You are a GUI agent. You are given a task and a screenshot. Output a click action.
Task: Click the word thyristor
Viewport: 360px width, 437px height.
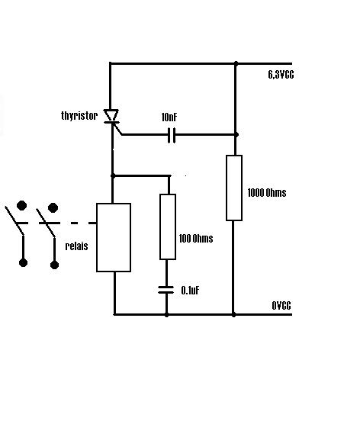coord(79,115)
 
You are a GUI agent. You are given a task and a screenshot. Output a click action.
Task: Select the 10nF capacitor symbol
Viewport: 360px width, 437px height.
coord(172,135)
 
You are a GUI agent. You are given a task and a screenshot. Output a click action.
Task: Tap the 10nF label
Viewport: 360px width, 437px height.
coord(169,117)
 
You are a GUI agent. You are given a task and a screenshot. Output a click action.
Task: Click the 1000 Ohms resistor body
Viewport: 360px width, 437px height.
coord(234,188)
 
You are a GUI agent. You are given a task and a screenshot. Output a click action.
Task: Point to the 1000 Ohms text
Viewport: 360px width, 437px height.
coord(267,193)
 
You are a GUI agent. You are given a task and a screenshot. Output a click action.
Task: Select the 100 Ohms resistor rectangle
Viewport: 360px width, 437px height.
coord(168,227)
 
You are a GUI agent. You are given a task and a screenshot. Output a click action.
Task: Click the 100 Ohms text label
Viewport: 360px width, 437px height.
coord(196,239)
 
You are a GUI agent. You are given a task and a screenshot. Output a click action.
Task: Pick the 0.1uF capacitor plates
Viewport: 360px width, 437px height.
coord(166,290)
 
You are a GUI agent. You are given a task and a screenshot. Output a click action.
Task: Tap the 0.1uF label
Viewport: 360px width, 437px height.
coord(191,291)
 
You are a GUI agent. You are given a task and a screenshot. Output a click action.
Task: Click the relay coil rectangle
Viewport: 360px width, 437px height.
coord(114,237)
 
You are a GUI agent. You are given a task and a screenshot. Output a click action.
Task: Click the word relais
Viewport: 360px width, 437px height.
coord(76,246)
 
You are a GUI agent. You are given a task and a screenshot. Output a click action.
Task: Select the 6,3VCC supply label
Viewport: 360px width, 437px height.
coord(281,75)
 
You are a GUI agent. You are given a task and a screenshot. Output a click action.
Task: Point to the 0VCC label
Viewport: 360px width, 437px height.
coord(281,306)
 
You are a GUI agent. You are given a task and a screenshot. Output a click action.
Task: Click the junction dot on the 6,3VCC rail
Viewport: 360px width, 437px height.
coord(236,63)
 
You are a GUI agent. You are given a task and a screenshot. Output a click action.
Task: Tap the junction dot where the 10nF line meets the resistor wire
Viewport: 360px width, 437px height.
coord(236,135)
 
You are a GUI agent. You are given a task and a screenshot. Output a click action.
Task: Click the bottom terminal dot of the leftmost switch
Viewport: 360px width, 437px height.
coord(23,262)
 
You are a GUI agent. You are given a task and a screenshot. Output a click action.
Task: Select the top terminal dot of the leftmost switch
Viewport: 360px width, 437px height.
coord(21,205)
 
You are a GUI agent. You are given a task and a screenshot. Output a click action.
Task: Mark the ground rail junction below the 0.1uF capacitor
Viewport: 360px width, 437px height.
coord(166,315)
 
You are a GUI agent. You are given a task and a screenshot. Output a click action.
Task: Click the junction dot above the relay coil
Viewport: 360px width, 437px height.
coord(113,175)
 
